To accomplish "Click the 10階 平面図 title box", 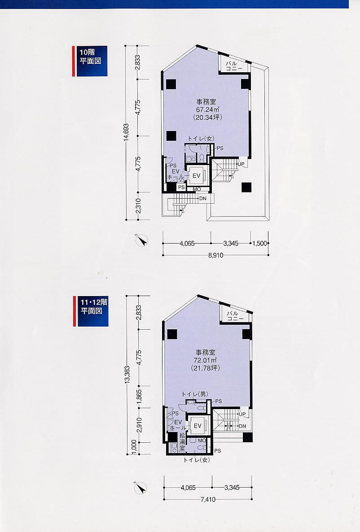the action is coord(90,61).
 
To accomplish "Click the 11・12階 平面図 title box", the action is coord(91,311).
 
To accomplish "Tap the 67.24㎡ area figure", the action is coord(207,109).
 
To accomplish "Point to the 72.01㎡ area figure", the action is coord(206,360).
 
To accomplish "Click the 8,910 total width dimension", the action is coord(216,255).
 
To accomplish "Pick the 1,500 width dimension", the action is coord(260,243).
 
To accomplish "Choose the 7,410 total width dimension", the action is coord(207,499).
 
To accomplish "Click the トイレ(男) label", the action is coord(195,394).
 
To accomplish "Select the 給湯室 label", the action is coord(182,441).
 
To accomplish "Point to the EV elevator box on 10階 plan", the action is coord(196,176).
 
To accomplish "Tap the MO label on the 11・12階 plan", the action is coord(202,440).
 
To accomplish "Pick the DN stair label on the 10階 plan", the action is coord(203,198).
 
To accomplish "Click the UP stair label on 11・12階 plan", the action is coord(242,414).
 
